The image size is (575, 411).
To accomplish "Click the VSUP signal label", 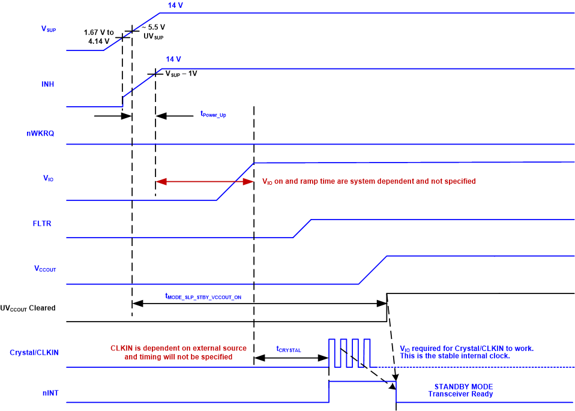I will [x=47, y=29].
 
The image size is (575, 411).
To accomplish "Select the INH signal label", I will [x=47, y=84].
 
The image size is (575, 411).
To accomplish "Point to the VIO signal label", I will [x=48, y=178].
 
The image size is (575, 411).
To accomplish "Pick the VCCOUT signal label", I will [x=45, y=269].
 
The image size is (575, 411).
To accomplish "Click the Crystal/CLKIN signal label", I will [x=34, y=353].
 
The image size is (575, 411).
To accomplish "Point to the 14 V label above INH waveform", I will [x=173, y=59].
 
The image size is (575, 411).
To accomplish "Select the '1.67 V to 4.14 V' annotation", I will [x=99, y=37].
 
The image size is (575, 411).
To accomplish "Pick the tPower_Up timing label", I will [x=212, y=114].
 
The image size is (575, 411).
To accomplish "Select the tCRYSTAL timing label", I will [x=290, y=349].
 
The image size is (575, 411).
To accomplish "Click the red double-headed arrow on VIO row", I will [x=205, y=181].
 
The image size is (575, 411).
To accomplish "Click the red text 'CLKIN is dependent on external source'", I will [x=178, y=348].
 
